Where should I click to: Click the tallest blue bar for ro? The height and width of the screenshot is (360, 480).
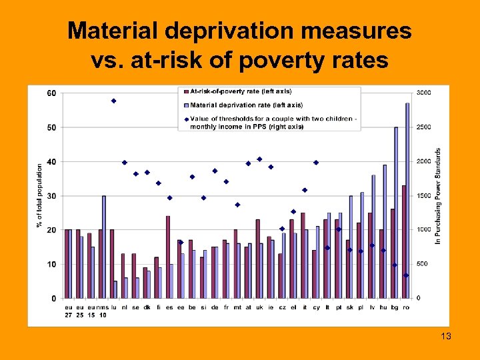coord(407,200)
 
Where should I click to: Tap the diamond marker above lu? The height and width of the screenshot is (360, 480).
coord(113,101)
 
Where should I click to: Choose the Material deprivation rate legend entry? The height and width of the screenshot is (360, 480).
coord(246,105)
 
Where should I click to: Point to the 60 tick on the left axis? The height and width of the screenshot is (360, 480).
coord(51,93)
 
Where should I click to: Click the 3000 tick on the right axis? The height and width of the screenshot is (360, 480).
coord(423,93)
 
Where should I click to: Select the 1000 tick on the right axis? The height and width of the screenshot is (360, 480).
coord(423,230)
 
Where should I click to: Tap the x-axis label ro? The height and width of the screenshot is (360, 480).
coord(405,308)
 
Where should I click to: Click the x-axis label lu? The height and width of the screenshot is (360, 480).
coord(113,308)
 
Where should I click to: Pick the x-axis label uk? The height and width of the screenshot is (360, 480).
coord(259,308)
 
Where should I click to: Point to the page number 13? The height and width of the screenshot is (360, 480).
coord(446,337)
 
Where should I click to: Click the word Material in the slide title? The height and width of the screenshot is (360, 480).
coord(117,30)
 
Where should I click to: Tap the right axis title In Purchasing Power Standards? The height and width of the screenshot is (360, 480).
coord(438,195)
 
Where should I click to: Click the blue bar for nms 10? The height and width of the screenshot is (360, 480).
coord(104,247)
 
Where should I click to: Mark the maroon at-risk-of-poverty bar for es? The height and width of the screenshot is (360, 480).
coord(168,257)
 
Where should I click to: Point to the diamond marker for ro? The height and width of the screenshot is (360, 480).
coord(405,275)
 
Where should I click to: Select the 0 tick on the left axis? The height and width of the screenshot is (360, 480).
coord(54,299)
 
